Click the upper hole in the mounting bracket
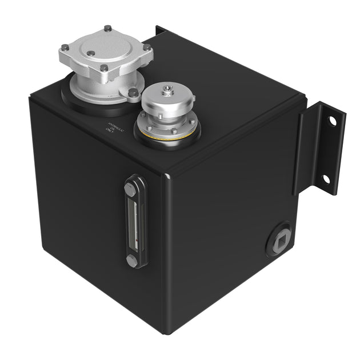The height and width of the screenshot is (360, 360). (331, 121)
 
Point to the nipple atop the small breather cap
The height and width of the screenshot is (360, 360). (166, 89)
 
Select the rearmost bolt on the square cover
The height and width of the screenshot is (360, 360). (107, 29)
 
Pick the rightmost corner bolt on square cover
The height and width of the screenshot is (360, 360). (147, 49)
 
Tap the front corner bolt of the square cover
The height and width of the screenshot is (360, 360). (105, 70)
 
